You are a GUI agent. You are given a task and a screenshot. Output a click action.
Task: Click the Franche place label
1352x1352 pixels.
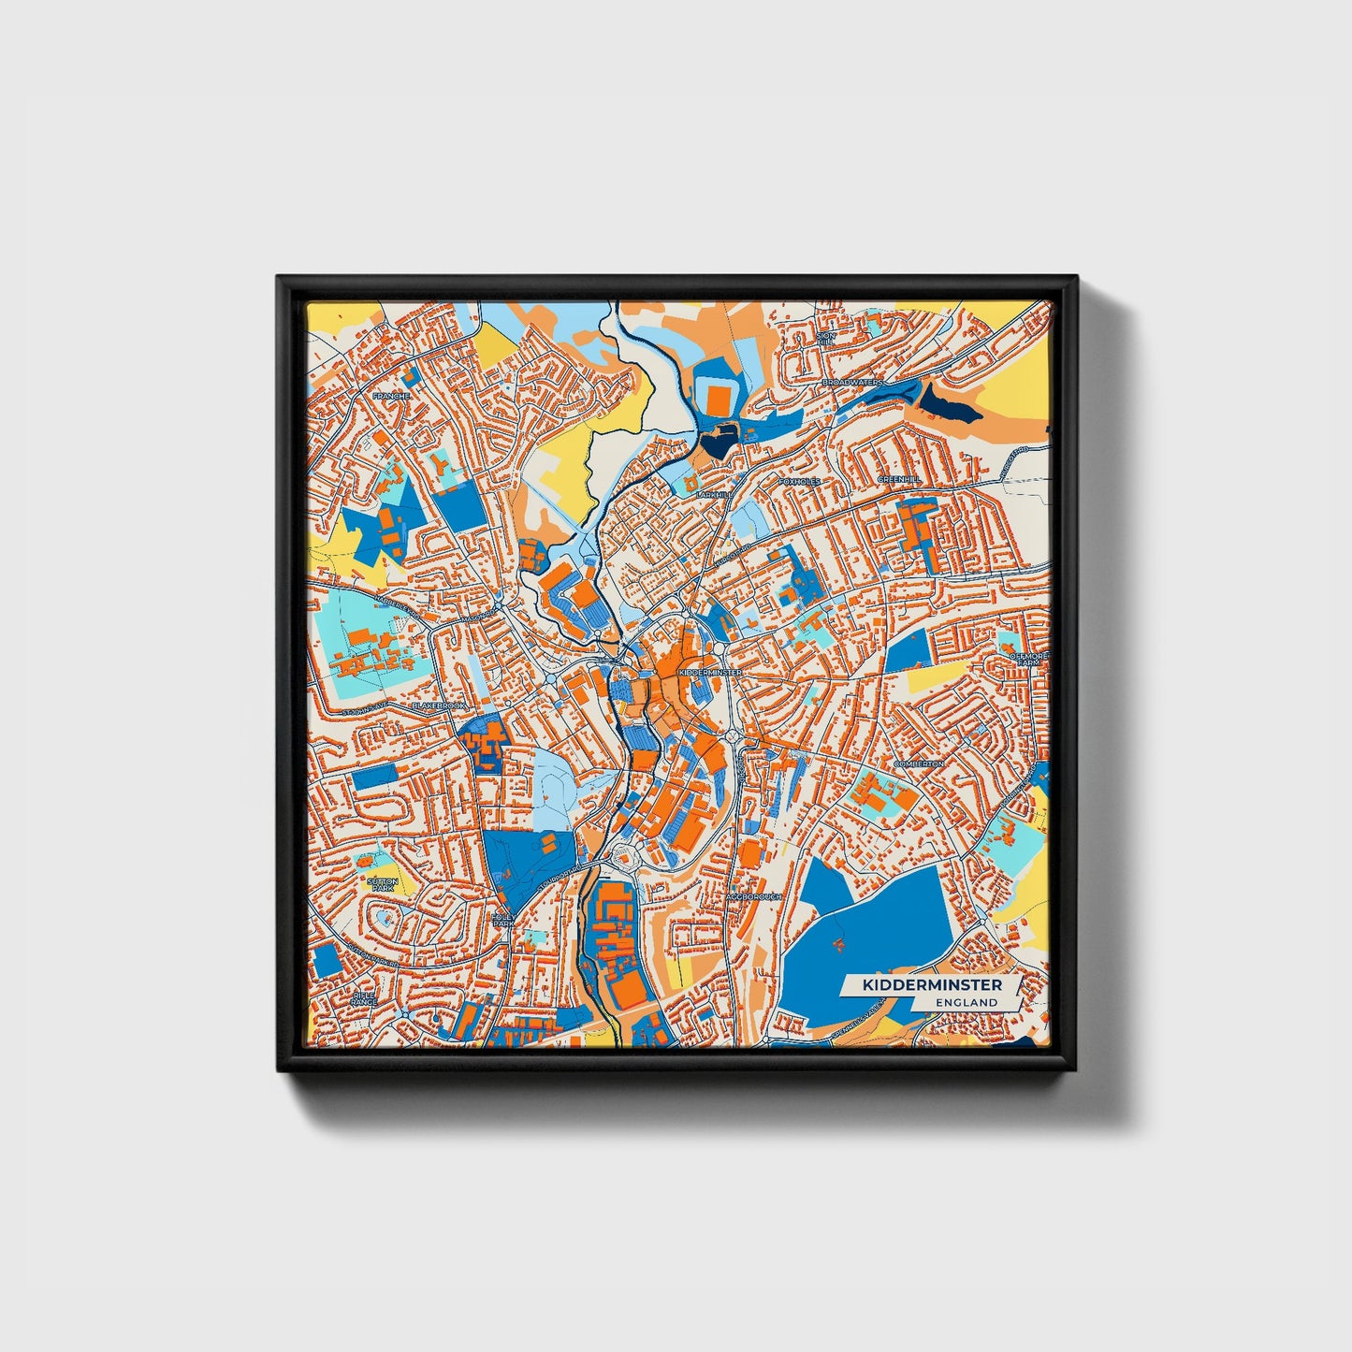391,396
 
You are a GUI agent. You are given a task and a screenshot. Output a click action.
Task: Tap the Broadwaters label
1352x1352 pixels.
852,383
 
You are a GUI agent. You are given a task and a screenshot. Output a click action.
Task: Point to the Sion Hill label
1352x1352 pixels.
824,338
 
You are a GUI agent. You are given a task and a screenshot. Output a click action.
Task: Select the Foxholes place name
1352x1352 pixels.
799,481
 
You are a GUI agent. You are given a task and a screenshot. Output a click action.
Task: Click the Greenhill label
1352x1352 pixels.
899,479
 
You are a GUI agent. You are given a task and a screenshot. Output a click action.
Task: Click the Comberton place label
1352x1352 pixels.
919,763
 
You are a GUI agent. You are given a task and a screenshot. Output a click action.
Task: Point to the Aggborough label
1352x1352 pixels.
753,896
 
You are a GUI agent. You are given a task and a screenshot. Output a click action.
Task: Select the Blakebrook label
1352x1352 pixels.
439,705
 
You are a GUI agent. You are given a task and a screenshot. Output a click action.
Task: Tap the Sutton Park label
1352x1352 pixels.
383,884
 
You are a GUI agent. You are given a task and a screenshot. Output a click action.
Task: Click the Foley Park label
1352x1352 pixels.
503,920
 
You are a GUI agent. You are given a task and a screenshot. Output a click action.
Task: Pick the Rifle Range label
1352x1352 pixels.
364,998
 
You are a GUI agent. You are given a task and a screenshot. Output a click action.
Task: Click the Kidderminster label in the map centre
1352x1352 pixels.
709,672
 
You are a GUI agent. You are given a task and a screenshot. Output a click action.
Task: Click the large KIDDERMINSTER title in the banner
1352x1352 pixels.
932,985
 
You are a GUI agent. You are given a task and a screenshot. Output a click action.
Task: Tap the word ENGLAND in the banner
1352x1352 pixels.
967,1002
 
